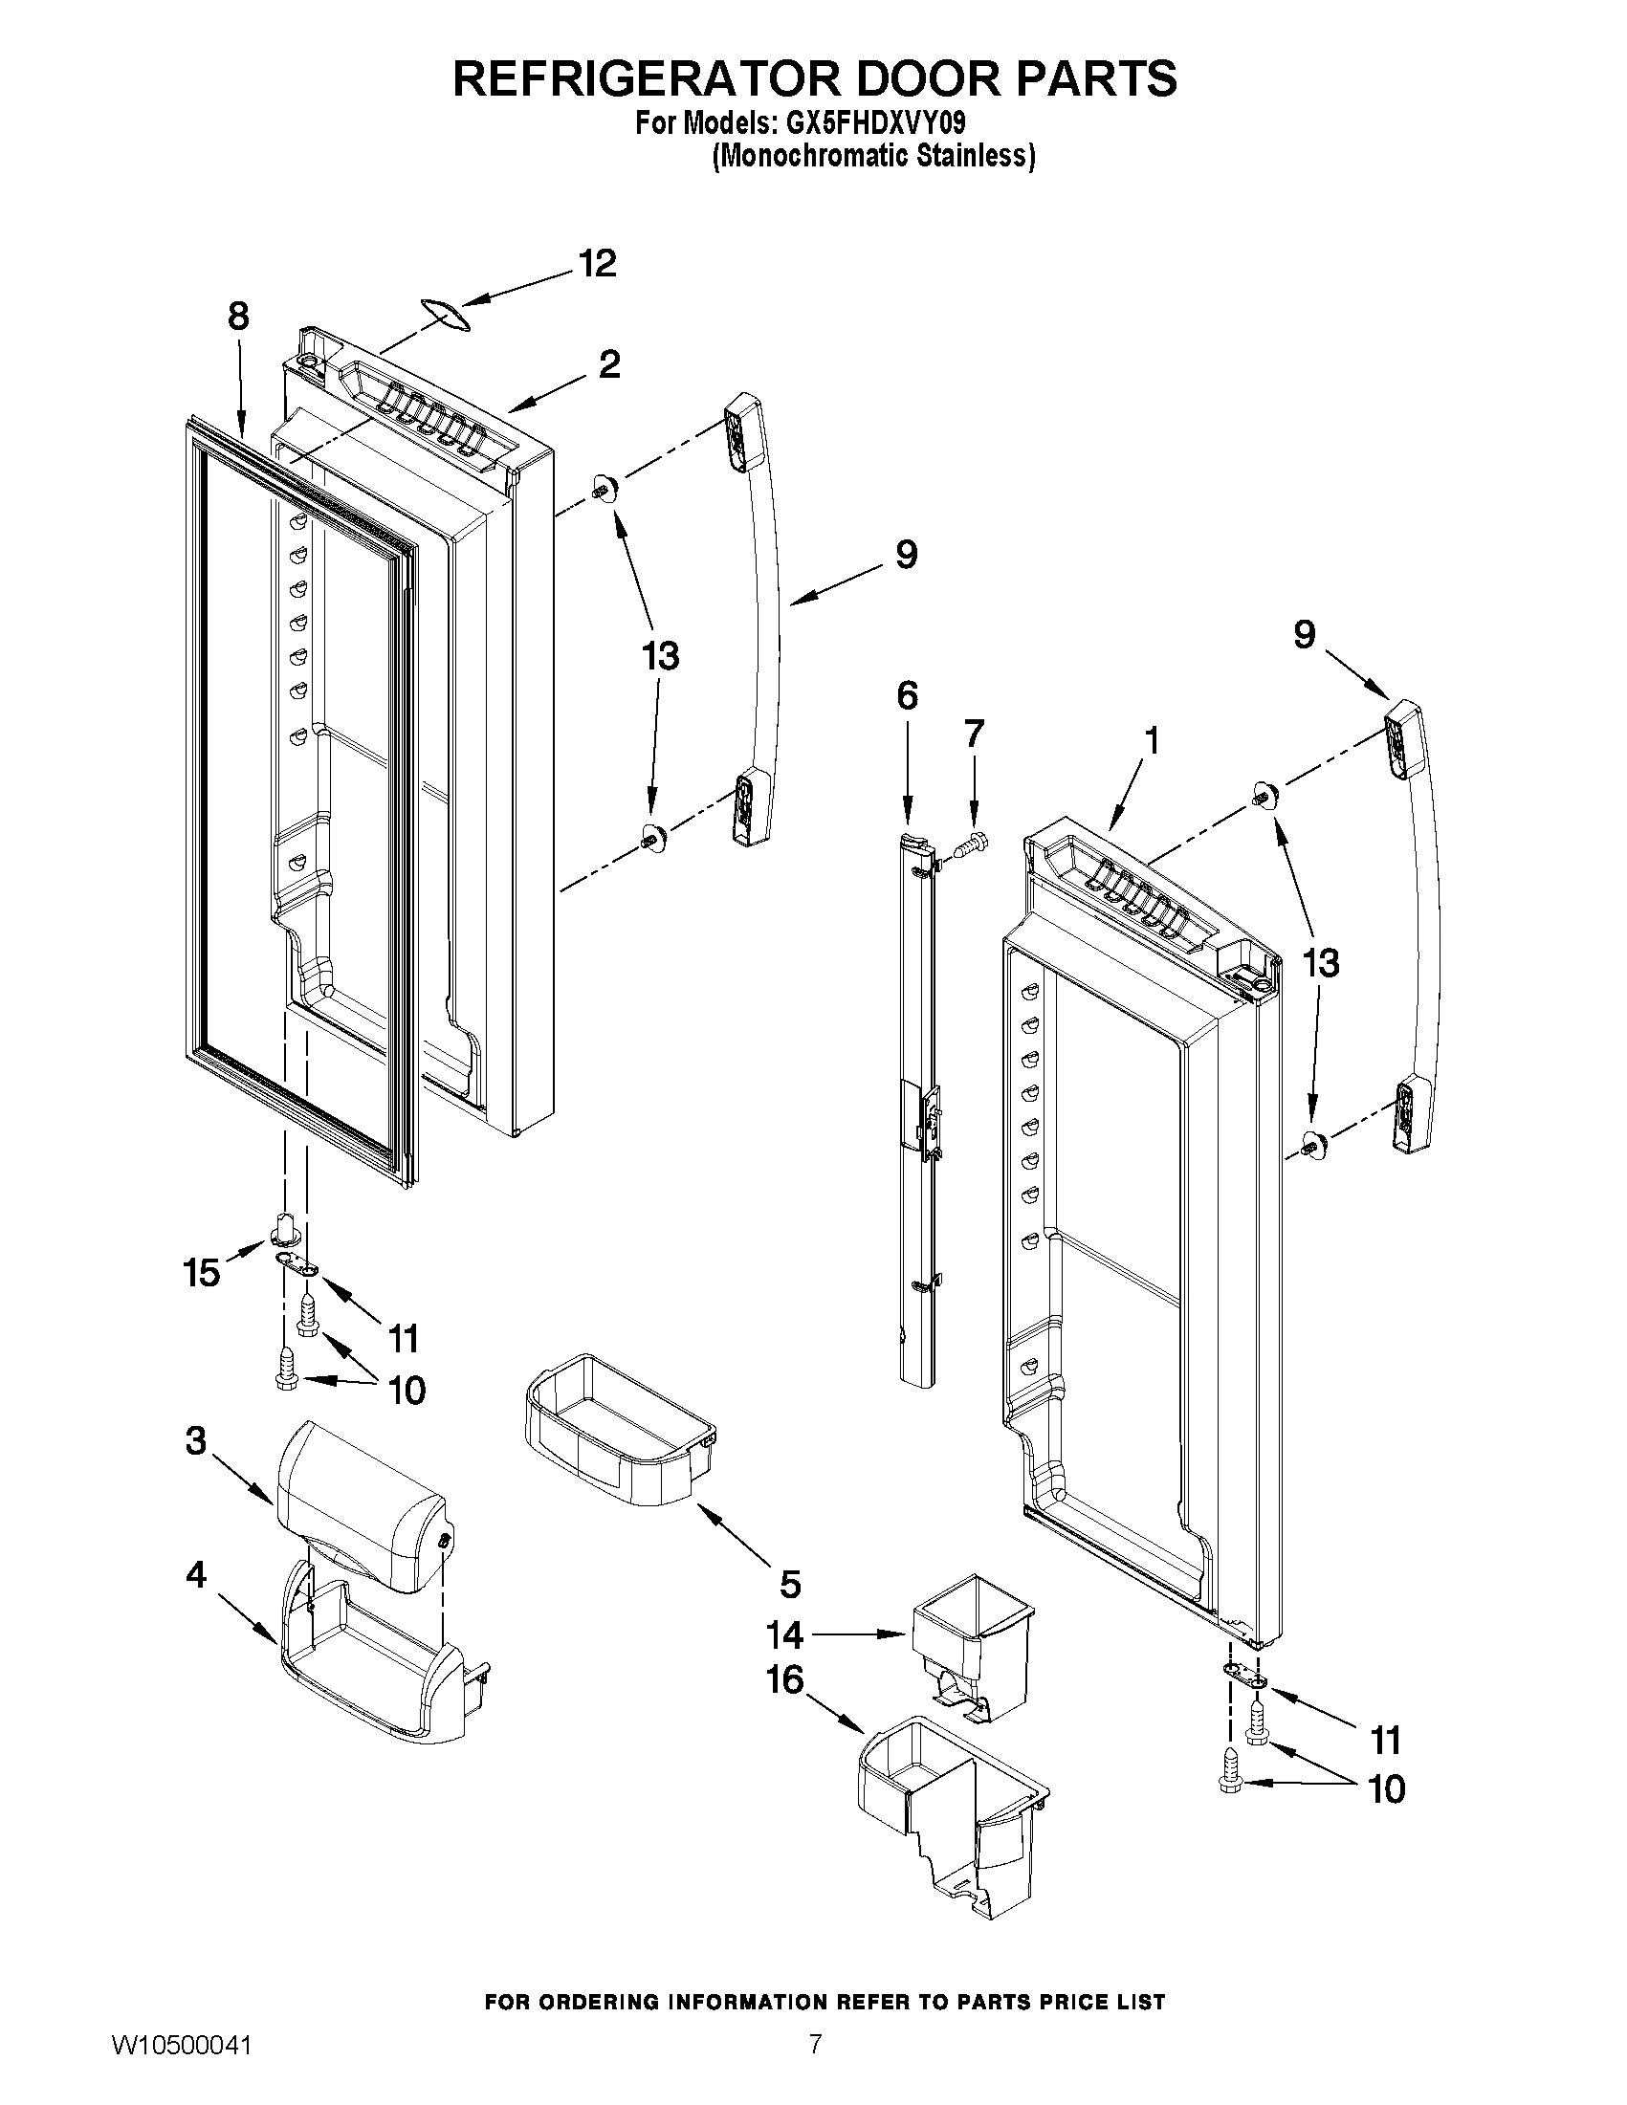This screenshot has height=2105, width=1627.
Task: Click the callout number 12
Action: (x=597, y=263)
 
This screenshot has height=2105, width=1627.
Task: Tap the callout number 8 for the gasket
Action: (x=238, y=317)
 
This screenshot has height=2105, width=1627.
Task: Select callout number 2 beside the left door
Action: (x=608, y=364)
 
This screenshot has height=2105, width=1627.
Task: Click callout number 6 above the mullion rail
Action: (x=907, y=695)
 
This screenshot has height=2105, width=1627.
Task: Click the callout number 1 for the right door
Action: (x=1151, y=740)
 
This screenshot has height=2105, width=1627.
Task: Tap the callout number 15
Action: (x=202, y=1273)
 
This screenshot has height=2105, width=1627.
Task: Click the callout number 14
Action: (x=784, y=1634)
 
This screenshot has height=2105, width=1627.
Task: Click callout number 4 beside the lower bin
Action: (x=196, y=1576)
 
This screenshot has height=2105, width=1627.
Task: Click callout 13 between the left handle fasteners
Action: (x=660, y=656)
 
